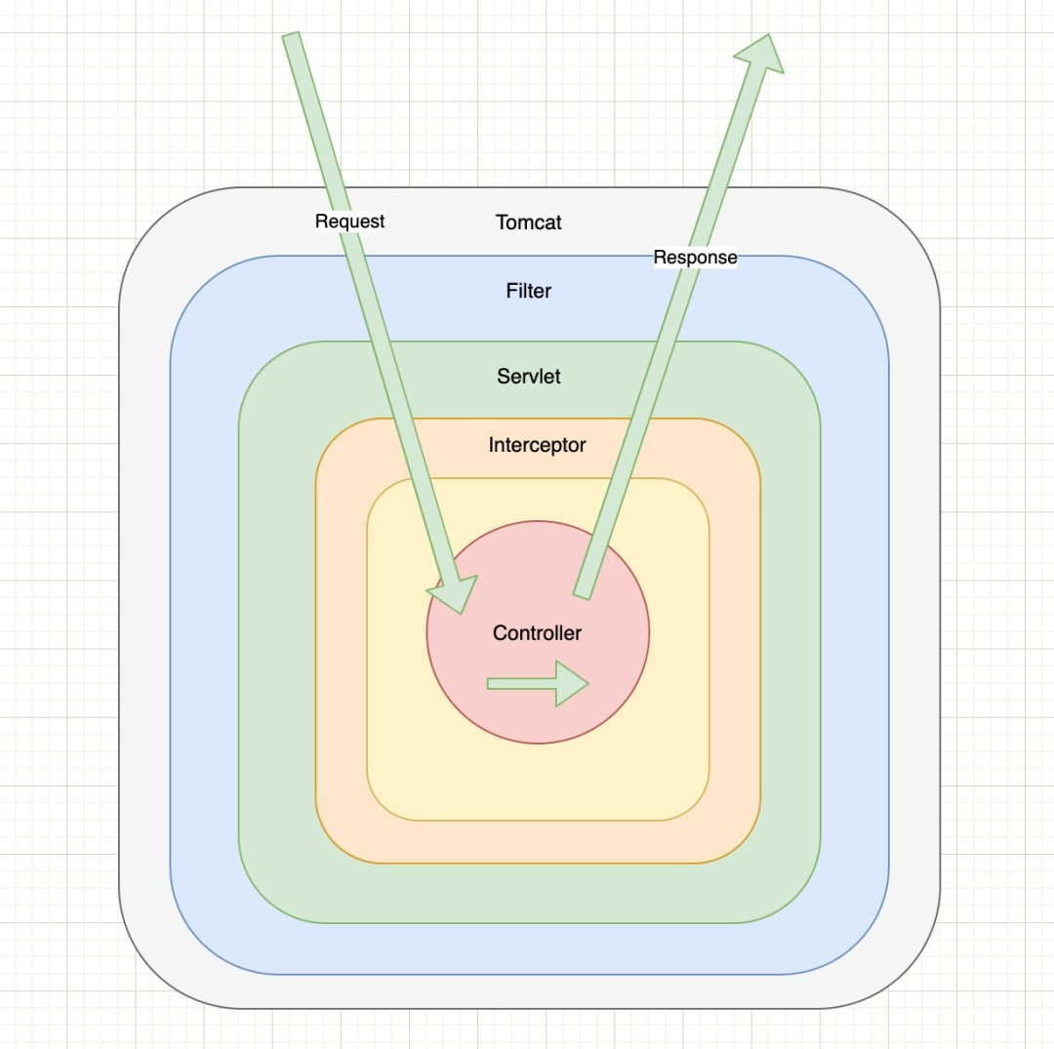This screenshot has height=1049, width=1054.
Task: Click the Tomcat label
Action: (x=528, y=222)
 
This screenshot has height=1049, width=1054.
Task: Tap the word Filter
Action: (x=528, y=291)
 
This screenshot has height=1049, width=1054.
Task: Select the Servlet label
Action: (x=528, y=377)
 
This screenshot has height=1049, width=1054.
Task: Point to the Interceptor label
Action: (x=537, y=445)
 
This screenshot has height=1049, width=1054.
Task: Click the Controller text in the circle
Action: (x=537, y=633)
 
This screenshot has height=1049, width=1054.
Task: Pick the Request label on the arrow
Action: (x=349, y=222)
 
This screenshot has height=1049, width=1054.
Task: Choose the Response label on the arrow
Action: (x=695, y=257)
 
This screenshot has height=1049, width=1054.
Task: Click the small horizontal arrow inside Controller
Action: (x=538, y=683)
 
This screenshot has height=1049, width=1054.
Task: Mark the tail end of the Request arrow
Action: (x=290, y=35)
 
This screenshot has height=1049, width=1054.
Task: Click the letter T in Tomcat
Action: (x=502, y=222)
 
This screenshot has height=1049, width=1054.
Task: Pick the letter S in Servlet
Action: (x=504, y=376)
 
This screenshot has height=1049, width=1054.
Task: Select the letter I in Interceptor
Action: (x=491, y=444)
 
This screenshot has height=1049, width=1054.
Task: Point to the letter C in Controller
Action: (x=500, y=632)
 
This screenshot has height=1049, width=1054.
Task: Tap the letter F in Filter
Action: (x=510, y=291)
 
